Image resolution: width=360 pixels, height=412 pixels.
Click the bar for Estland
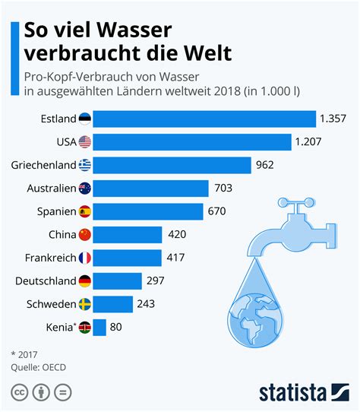coord(204,119)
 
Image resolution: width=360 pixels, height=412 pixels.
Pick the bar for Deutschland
coord(118,282)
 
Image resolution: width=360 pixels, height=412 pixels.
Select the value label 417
coord(175,258)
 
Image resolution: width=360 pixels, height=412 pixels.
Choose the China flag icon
coord(84,236)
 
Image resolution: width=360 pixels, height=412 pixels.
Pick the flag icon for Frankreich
coord(84,258)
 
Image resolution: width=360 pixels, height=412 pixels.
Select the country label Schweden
coord(50,305)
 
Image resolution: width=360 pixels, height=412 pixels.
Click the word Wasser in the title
coord(131,31)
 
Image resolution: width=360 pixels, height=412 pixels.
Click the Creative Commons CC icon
coord(18,392)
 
